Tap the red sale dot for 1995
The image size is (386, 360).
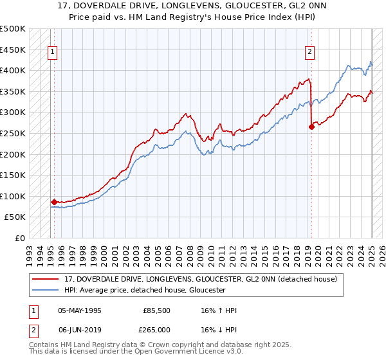pos(54,202)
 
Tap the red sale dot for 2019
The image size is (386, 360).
pos(311,127)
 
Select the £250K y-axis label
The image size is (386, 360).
pos(13,133)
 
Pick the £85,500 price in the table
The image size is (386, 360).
pos(156,311)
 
